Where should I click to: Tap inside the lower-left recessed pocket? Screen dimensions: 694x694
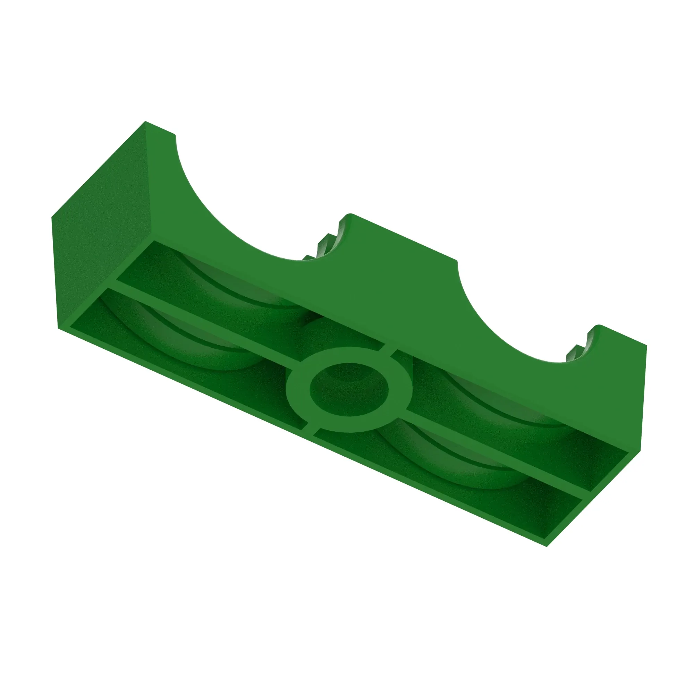point(180,345)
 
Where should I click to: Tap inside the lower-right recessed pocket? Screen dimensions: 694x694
point(449,471)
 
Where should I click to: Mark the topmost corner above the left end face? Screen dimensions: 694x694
point(145,122)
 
